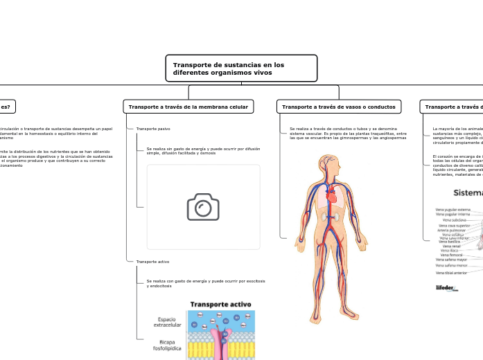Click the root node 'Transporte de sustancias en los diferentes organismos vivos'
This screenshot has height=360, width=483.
click(241, 69)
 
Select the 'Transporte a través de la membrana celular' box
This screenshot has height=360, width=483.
click(188, 107)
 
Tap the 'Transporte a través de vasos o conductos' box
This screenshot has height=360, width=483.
click(339, 107)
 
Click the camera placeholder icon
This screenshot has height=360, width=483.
click(204, 207)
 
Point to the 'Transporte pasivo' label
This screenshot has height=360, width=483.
click(153, 129)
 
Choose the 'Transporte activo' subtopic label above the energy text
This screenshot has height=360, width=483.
click(153, 262)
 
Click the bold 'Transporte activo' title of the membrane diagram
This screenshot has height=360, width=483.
click(220, 304)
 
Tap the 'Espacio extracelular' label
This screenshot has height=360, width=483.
click(166, 322)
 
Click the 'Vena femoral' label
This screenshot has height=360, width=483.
click(451, 255)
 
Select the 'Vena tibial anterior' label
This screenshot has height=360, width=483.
click(451, 273)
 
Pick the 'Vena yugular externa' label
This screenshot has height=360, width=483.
click(453, 209)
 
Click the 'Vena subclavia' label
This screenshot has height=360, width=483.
click(455, 220)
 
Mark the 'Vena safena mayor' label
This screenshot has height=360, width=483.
click(451, 260)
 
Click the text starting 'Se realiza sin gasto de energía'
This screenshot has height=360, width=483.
click(203, 151)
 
